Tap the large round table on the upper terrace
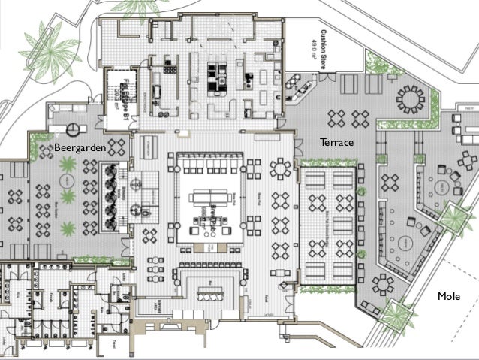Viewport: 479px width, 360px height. point(410,100)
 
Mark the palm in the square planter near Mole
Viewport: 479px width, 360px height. point(396,313)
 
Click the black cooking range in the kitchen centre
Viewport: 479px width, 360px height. point(217,73)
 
